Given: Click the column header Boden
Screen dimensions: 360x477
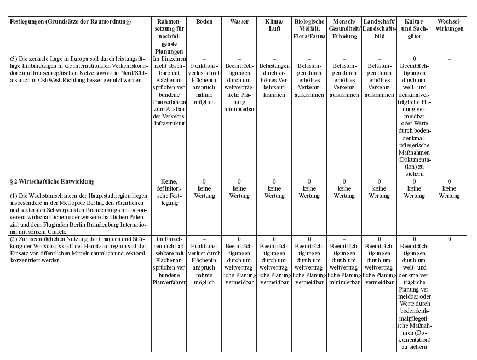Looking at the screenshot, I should click(204, 22).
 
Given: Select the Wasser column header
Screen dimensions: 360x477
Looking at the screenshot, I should click(239, 22).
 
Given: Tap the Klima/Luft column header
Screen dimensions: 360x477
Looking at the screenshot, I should click(274, 25).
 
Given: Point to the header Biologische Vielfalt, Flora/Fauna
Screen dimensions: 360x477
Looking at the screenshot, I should click(309, 29).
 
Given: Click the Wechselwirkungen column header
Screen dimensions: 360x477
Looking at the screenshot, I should click(449, 25).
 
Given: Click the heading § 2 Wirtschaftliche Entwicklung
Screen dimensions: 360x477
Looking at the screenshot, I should click(53, 181).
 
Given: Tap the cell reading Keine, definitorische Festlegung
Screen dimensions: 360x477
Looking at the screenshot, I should click(169, 192).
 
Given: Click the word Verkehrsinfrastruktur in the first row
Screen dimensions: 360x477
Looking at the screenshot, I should click(169, 123).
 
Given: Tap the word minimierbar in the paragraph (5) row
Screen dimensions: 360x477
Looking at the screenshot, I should click(239, 109).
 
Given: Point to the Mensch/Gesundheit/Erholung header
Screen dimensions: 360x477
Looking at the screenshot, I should click(344, 29).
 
